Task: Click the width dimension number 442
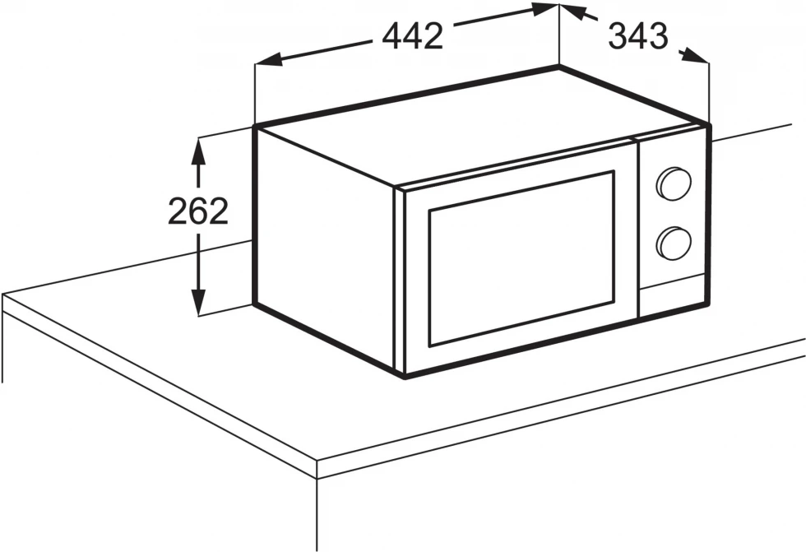tap(413, 36)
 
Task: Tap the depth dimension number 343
tap(638, 36)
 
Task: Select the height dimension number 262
tap(198, 211)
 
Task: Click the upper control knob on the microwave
tap(674, 183)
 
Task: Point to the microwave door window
tap(521, 258)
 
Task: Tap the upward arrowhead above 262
tap(198, 151)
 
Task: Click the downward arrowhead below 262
tap(198, 303)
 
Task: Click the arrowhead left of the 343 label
tap(572, 12)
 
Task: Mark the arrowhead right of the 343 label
tap(695, 56)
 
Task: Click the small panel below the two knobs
tap(672, 296)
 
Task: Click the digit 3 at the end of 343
tap(658, 36)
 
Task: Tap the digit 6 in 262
tap(198, 211)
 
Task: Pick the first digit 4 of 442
tap(392, 36)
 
